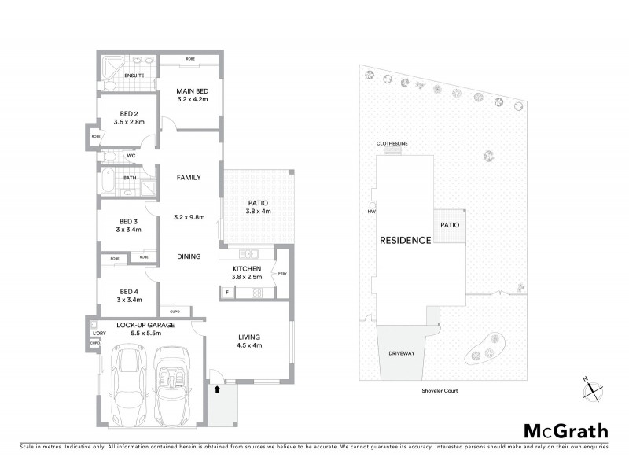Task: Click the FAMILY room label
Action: click(x=189, y=178)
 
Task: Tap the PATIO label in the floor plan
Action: click(x=255, y=201)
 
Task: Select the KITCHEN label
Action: click(x=247, y=268)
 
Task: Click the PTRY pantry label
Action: click(x=281, y=273)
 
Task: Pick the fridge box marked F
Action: click(x=226, y=292)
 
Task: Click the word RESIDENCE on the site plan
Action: click(x=405, y=240)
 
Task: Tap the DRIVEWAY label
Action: click(x=400, y=353)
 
